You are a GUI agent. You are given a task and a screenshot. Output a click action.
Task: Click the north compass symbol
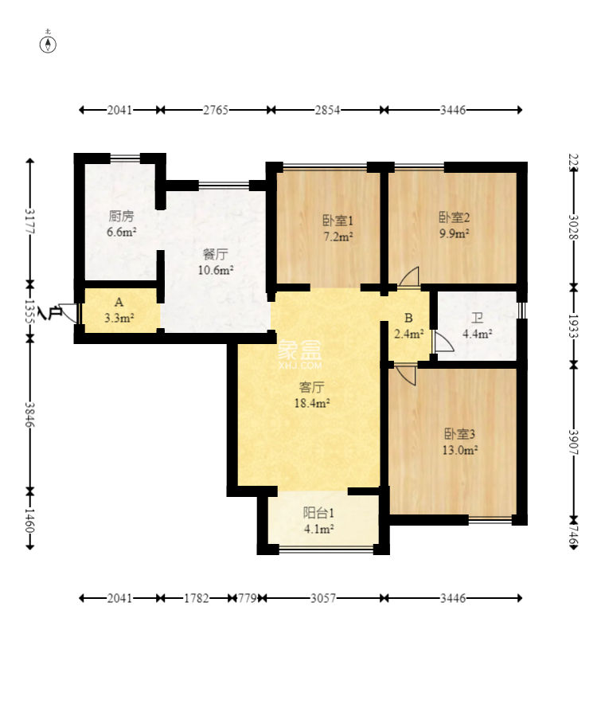pyautogui.click(x=48, y=44)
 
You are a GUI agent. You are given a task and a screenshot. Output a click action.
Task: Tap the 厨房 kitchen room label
pyautogui.click(x=121, y=217)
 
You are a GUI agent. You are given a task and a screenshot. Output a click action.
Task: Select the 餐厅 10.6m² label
pyautogui.click(x=216, y=262)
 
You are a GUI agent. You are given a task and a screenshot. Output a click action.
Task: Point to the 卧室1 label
pyautogui.click(x=338, y=221)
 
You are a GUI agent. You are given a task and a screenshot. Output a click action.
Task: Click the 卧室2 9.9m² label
pyautogui.click(x=454, y=225)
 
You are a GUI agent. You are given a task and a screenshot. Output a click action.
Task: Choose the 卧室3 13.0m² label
pyautogui.click(x=460, y=442)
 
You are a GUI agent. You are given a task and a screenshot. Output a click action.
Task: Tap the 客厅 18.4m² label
pyautogui.click(x=312, y=395)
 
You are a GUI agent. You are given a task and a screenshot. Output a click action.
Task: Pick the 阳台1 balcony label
pyautogui.click(x=318, y=513)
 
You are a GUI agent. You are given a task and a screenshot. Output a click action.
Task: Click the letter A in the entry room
pyautogui.click(x=119, y=302)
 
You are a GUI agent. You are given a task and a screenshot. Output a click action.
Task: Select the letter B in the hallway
pyautogui.click(x=408, y=319)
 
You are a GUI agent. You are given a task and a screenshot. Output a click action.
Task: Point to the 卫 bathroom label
pyautogui.click(x=477, y=319)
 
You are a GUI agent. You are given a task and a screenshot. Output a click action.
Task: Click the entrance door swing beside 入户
pyautogui.click(x=68, y=312)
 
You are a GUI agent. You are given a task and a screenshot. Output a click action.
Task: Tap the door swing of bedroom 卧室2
pyautogui.click(x=409, y=276)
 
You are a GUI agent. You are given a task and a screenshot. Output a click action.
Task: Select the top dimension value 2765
pyautogui.click(x=216, y=110)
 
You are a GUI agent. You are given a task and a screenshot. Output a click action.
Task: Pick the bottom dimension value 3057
pyautogui.click(x=323, y=598)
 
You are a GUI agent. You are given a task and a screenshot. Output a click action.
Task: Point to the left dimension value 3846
pyautogui.click(x=30, y=414)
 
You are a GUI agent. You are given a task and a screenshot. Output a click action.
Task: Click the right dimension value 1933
pyautogui.click(x=573, y=326)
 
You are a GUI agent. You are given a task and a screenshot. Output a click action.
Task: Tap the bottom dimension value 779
pyautogui.click(x=247, y=598)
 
